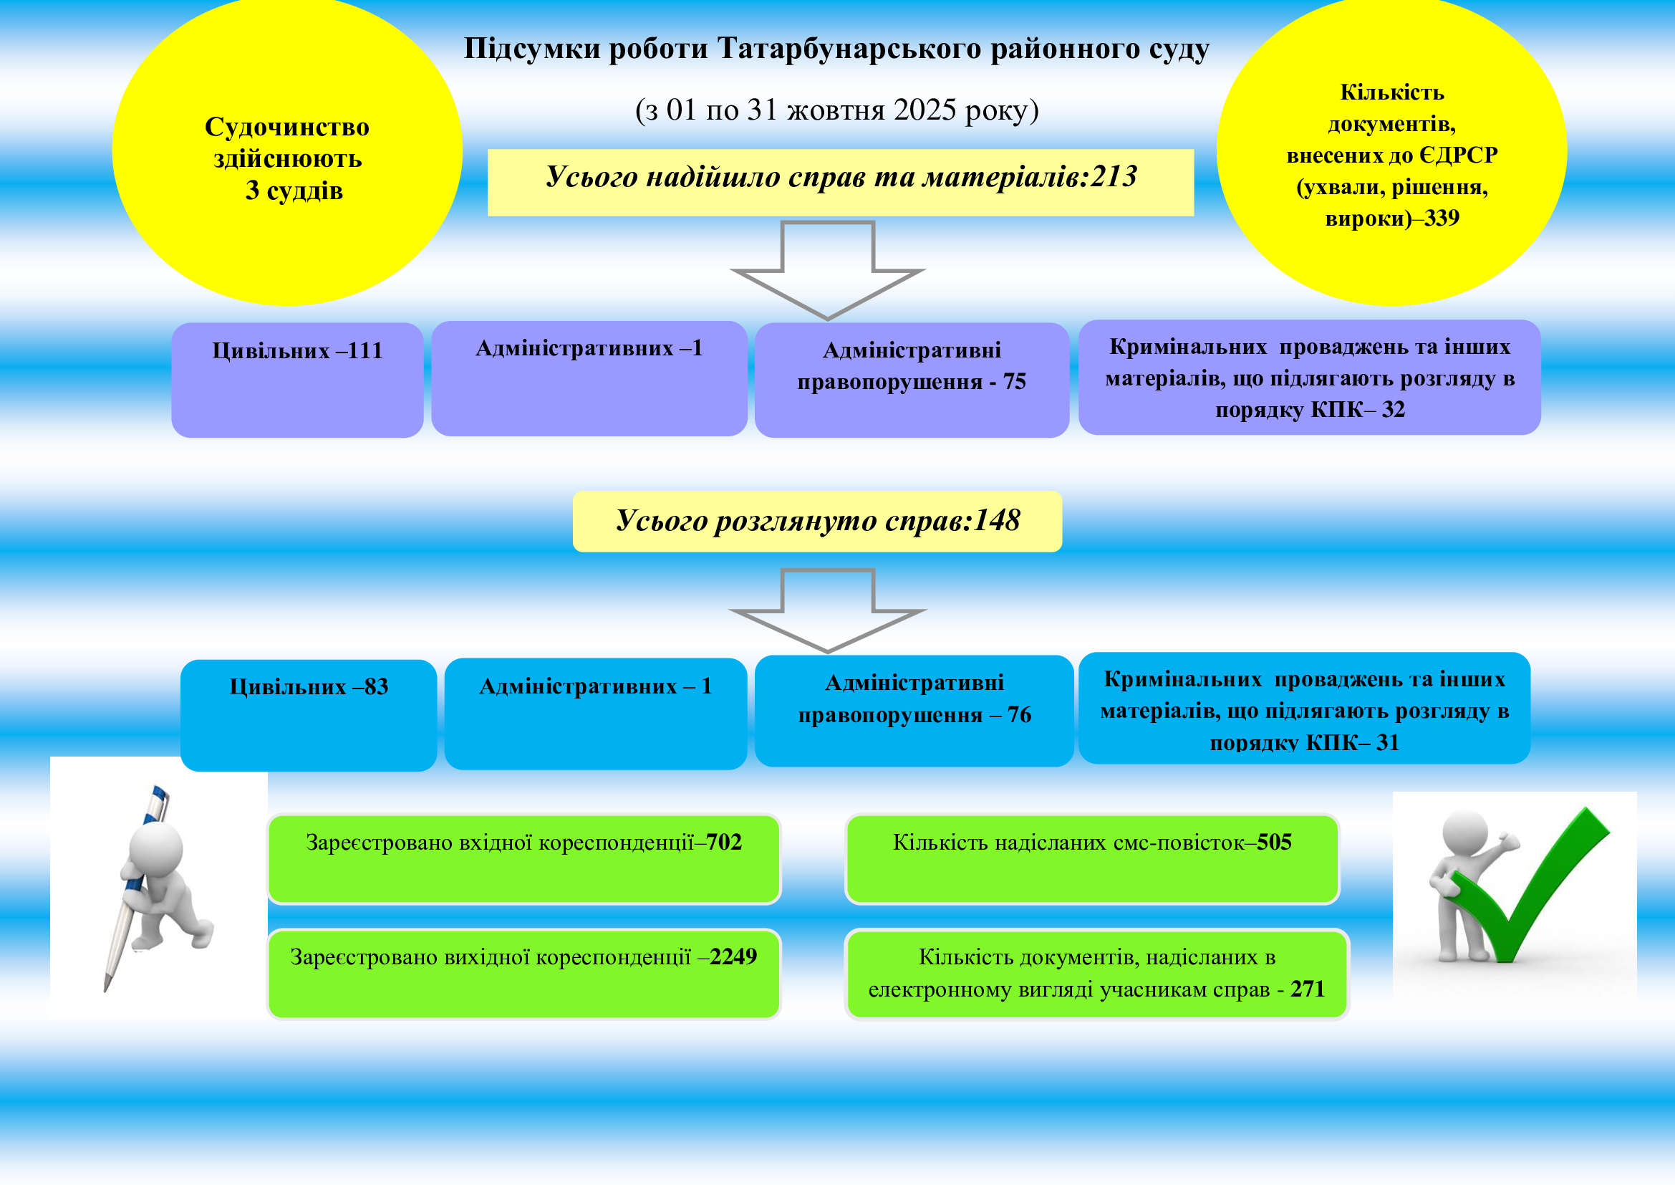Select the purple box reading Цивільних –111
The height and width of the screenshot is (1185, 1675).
click(x=297, y=380)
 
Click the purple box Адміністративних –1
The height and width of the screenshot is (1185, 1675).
click(x=589, y=378)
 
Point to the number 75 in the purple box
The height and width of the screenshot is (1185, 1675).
click(x=1014, y=382)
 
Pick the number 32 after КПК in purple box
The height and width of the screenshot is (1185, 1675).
click(x=1393, y=409)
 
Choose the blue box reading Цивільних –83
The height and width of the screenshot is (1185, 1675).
click(x=309, y=714)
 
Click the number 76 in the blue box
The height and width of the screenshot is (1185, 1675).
click(x=1019, y=714)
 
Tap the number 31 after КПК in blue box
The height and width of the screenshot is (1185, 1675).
click(x=1388, y=743)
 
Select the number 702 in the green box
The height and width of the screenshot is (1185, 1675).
click(x=724, y=842)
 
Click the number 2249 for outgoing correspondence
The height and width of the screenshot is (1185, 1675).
click(x=733, y=956)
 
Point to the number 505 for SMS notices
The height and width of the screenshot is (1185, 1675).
click(x=1274, y=842)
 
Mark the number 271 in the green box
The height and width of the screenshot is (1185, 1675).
click(x=1308, y=989)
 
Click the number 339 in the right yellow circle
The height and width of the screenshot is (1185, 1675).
click(x=1442, y=219)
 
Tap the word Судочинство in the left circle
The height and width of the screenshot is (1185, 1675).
click(x=286, y=127)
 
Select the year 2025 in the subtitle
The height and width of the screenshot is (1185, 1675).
click(x=925, y=110)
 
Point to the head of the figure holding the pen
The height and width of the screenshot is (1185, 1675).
click(x=156, y=847)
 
